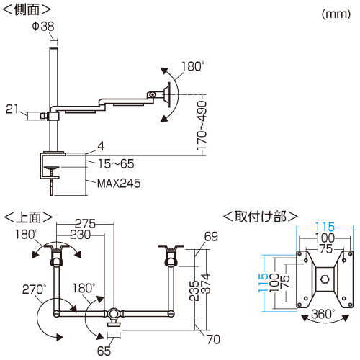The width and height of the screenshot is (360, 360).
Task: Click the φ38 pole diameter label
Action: (43, 26)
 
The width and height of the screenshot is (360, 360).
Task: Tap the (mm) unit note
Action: (336, 14)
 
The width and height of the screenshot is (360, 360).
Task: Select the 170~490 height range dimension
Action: (202, 125)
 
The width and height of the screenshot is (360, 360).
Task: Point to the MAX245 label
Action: (119, 184)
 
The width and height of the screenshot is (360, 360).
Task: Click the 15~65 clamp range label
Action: (116, 164)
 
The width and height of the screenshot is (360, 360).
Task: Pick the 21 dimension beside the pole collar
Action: (12, 109)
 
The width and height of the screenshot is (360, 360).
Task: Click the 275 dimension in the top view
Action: (85, 224)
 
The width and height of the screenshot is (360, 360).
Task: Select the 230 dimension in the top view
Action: (81, 235)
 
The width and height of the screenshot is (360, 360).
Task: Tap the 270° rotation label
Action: (34, 289)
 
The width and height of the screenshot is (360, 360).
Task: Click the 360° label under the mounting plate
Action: (323, 314)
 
